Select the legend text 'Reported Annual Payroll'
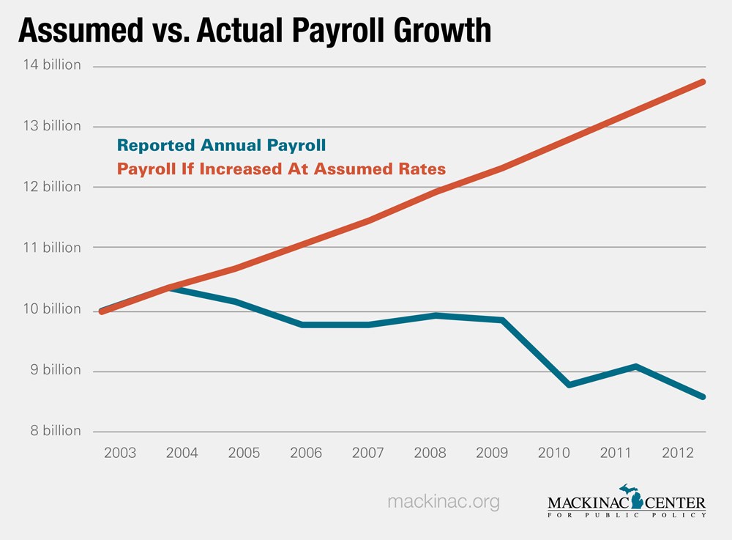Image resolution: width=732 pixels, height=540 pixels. coord(222,145)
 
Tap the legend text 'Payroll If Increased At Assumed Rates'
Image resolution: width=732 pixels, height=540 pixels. coord(281,169)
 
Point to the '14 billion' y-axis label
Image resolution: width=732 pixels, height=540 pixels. coord(51,65)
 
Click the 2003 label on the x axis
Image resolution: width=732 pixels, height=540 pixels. coord(120,452)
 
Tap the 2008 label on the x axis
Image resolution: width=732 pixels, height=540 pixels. coord(429,452)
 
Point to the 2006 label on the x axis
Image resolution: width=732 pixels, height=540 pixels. coord(305,452)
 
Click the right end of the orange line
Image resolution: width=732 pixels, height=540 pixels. coord(703,82)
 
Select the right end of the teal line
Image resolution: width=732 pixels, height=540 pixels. coord(703,397)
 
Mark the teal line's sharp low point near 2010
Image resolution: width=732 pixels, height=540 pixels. coord(569,385)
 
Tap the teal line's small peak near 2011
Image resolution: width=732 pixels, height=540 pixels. coord(637,366)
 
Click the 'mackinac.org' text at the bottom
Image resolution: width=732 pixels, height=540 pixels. coord(443,502)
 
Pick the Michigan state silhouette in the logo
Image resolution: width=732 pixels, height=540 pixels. coord(630,496)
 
